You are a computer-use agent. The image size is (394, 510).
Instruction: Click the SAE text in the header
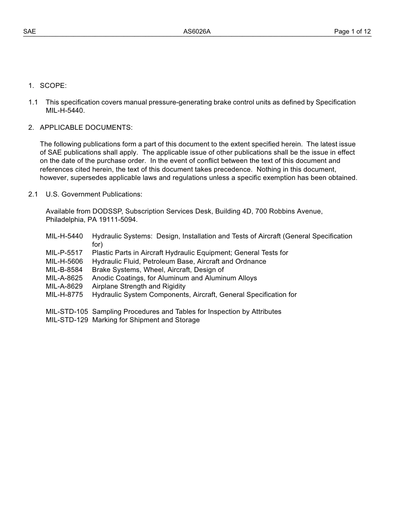(x=29, y=32)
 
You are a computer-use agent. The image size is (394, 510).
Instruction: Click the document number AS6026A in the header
(x=197, y=32)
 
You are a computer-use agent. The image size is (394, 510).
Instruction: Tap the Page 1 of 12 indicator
(x=352, y=32)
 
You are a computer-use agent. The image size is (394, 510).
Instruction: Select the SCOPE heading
(x=53, y=85)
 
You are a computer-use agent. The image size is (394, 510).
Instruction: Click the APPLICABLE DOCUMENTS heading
(x=86, y=127)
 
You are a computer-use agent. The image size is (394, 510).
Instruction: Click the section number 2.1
(x=33, y=194)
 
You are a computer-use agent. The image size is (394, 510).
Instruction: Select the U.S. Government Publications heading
(x=94, y=194)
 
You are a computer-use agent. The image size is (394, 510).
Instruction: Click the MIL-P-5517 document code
(x=64, y=253)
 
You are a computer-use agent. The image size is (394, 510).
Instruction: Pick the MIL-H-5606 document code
(x=64, y=261)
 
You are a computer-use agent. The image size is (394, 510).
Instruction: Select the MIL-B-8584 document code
(x=64, y=270)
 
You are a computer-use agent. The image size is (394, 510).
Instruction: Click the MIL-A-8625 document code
(x=64, y=278)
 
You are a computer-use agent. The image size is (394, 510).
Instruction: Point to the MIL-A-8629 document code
(x=64, y=286)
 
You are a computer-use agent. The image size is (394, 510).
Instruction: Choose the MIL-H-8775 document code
(x=64, y=294)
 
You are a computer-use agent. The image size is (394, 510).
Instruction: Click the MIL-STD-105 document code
(x=67, y=311)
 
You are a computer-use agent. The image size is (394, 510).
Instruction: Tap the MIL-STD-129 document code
(x=67, y=320)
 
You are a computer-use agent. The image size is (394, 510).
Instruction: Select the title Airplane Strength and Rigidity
(x=139, y=286)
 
